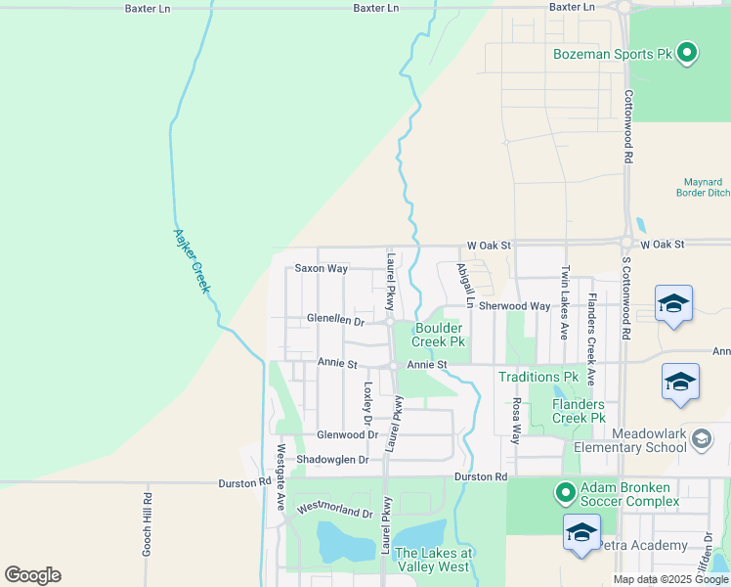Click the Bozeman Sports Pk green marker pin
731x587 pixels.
point(687,53)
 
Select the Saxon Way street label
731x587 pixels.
point(322,268)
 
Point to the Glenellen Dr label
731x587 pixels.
point(335,320)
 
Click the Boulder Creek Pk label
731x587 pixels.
point(438,335)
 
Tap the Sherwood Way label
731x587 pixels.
point(521,306)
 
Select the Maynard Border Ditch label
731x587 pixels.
point(703,187)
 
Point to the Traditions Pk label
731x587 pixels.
point(538,377)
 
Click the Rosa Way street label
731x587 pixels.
point(516,421)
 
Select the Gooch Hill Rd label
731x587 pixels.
point(147,524)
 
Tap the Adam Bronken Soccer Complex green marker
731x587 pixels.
point(564,491)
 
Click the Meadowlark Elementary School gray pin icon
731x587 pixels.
point(701,439)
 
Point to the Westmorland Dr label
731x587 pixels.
point(335,510)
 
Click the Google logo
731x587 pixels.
point(32,575)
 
